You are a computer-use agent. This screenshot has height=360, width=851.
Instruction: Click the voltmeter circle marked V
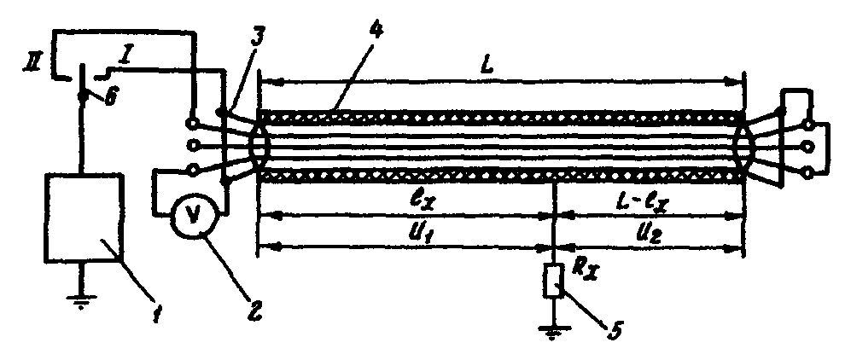[x=193, y=218]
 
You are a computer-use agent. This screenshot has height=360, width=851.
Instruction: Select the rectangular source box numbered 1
[x=84, y=218]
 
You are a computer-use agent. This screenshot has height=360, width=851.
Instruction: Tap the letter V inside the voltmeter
[x=193, y=218]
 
